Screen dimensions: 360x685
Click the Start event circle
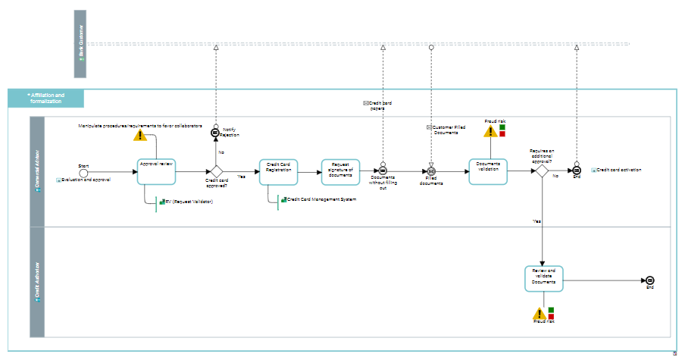[83, 171]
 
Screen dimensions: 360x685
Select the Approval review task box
[157, 171]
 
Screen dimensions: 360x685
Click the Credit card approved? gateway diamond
[216, 171]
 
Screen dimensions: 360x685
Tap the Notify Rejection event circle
[216, 133]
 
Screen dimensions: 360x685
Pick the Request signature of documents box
[341, 171]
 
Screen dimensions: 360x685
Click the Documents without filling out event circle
[383, 171]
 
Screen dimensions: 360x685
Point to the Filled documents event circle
[431, 171]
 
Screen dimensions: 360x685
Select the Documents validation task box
[487, 171]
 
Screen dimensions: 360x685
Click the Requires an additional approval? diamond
[543, 171]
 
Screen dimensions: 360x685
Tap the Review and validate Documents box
[544, 278]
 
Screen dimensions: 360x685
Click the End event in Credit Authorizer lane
[649, 280]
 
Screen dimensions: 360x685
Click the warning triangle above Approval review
[139, 135]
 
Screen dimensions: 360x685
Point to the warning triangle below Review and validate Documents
[539, 314]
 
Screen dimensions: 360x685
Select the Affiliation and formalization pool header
[46, 99]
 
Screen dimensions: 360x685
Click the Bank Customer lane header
[80, 44]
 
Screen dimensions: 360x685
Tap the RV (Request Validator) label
[189, 202]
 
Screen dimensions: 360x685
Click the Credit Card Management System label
[321, 200]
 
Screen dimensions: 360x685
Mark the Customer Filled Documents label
[449, 130]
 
